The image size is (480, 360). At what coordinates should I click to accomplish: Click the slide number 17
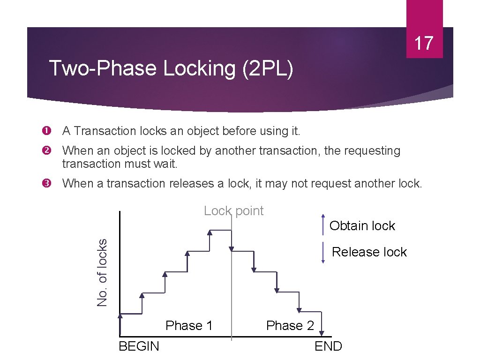424,43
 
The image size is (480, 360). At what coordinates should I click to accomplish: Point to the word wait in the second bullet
165,164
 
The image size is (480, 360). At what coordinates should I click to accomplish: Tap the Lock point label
233,211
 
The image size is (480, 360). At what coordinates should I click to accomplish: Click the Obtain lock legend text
362,225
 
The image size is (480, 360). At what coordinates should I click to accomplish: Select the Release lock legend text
369,252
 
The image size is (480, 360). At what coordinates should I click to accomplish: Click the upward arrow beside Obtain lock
323,225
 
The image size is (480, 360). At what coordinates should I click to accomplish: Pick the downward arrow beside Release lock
323,253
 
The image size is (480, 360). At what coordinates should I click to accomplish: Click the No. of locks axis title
102,272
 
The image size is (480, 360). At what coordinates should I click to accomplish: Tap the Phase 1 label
189,325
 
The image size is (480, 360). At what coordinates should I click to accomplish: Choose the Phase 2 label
290,325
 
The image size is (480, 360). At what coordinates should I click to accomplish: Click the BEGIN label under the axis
139,346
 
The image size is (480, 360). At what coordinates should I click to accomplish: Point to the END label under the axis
328,346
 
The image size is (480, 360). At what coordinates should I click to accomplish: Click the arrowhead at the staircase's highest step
210,232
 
